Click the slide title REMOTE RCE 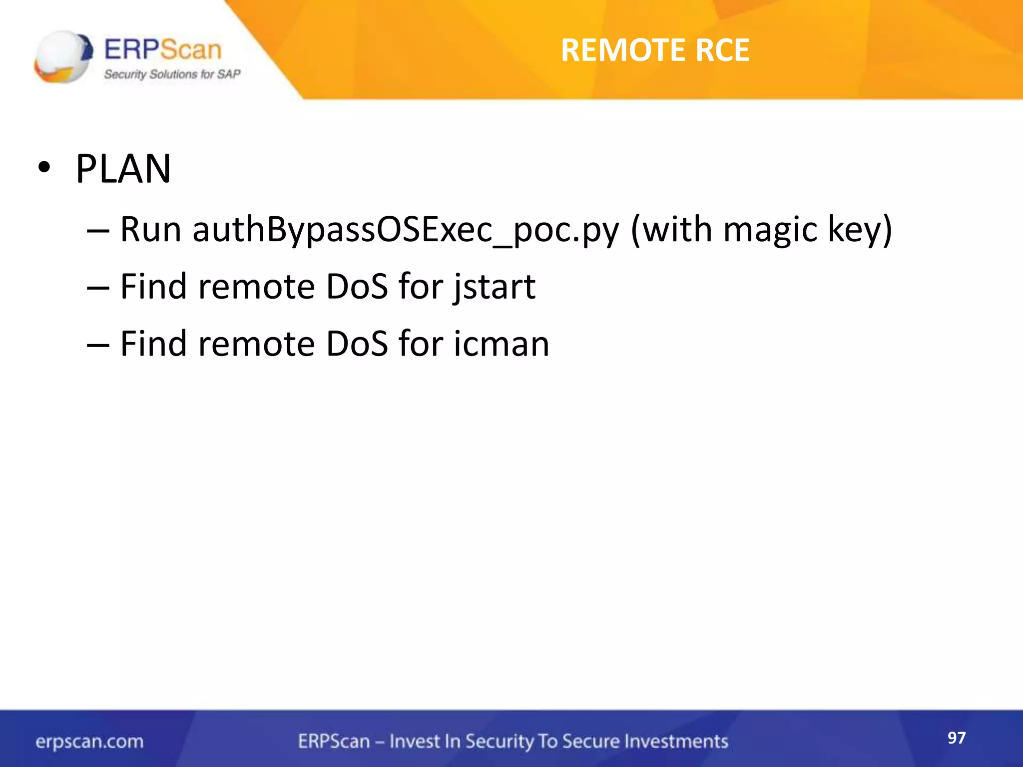(655, 50)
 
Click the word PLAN (123, 169)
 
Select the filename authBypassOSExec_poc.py (406, 230)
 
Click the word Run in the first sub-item (151, 230)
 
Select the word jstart (494, 287)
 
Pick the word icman (501, 344)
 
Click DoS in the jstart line (357, 287)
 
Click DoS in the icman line (357, 344)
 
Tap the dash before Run (98, 231)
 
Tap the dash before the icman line (98, 345)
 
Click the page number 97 (957, 738)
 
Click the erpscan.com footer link (89, 742)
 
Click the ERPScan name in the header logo (163, 49)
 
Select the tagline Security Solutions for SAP (172, 74)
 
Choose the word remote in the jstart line (257, 287)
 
